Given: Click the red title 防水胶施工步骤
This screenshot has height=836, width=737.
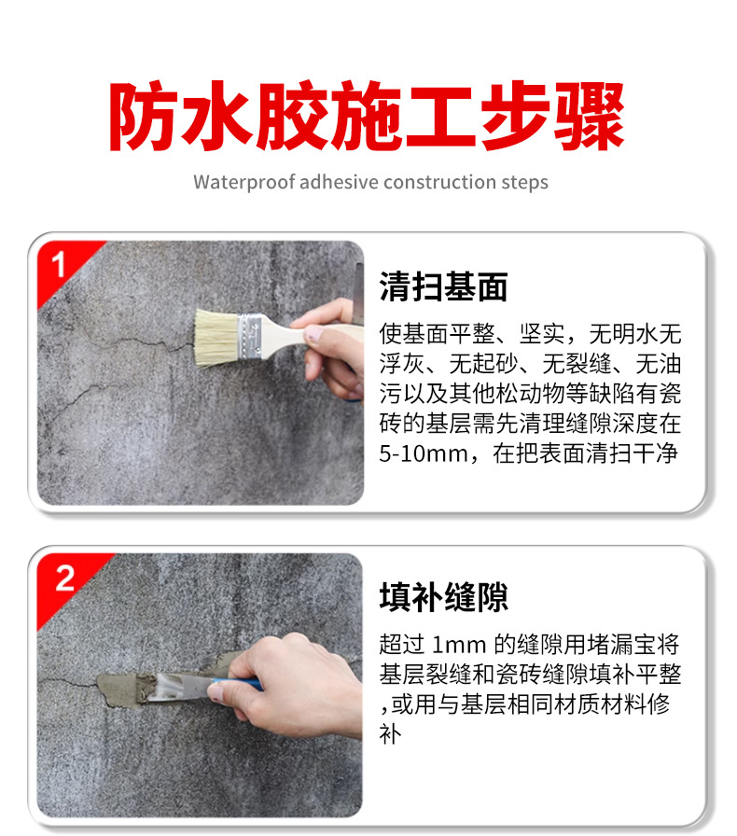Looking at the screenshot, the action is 368,117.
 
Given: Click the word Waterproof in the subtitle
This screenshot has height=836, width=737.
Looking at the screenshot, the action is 244,182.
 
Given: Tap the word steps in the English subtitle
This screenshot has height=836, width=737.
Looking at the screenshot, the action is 524,183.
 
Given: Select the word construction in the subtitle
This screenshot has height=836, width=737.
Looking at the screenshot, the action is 439,182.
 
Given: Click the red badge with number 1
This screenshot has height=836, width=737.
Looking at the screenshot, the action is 62,267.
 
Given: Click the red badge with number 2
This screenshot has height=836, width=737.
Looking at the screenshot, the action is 64,580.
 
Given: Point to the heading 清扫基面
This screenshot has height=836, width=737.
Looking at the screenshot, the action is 443,286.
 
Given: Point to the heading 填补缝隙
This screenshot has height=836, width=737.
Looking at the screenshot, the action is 443,597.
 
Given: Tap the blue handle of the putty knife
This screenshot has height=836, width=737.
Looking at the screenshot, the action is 239,684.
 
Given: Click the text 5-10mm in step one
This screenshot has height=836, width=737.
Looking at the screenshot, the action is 424,453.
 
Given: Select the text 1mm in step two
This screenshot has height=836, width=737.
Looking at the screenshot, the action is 459,645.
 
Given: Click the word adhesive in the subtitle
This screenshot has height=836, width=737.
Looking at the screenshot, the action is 339,182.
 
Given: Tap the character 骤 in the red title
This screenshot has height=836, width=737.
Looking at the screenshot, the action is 590,117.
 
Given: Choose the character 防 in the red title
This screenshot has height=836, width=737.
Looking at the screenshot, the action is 144,117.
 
